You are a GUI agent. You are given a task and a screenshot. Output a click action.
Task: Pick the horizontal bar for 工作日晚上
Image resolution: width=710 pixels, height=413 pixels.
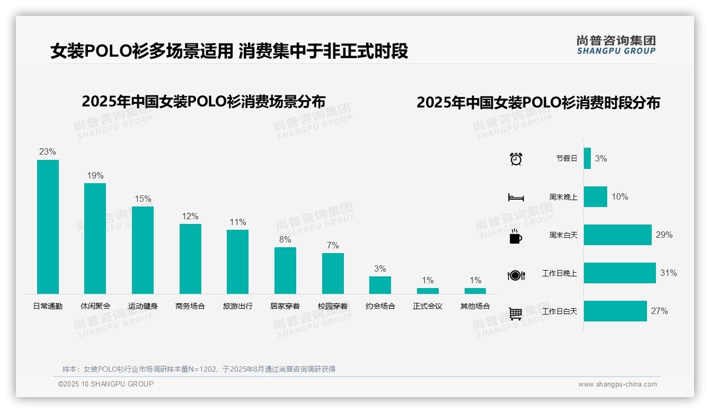click(x=619, y=273)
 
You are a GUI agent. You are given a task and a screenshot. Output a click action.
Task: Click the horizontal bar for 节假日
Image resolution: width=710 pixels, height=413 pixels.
click(x=587, y=158)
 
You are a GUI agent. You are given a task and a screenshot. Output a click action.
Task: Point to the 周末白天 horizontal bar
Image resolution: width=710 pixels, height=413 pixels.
click(x=617, y=235)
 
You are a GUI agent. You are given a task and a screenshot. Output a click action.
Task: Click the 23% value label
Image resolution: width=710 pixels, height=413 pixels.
click(x=48, y=152)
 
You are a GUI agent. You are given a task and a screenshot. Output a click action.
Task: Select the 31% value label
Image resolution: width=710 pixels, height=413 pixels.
click(x=668, y=273)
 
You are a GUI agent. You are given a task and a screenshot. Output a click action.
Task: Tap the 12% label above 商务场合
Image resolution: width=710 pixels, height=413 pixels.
click(x=190, y=217)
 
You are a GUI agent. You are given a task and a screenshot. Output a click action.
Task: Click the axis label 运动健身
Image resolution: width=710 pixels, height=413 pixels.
click(x=143, y=306)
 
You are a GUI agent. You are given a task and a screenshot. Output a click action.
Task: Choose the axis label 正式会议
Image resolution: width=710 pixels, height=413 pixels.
click(x=428, y=306)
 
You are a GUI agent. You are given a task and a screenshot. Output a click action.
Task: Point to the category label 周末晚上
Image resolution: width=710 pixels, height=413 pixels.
click(x=563, y=197)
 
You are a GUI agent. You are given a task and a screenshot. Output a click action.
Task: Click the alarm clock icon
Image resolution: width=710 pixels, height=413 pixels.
click(x=516, y=159)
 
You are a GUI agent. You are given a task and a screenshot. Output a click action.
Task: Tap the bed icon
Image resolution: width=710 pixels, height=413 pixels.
click(x=516, y=197)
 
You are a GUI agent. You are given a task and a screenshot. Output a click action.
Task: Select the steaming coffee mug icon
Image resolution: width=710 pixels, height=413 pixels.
click(x=516, y=236)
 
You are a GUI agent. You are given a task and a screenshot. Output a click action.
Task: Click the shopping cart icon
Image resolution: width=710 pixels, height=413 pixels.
click(x=516, y=313)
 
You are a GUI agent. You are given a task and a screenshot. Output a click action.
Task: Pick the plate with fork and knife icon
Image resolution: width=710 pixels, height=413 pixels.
click(x=516, y=275)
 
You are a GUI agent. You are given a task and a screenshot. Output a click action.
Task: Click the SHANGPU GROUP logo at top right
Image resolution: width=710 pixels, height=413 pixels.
click(x=616, y=45)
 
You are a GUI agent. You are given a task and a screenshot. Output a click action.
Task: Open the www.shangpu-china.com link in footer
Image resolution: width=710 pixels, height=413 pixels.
click(x=617, y=384)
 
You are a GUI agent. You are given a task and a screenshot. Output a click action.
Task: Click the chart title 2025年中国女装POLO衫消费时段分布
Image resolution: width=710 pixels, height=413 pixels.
click(x=538, y=103)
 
